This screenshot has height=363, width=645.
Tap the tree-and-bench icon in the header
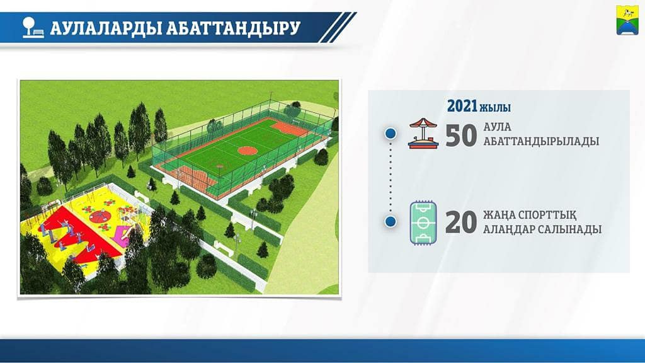tap(33, 28)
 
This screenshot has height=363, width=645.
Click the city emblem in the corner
tap(627, 20)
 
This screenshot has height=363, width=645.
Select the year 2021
tap(462, 106)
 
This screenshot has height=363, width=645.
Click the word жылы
tap(495, 107)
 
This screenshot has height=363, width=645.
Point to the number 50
tap(461, 136)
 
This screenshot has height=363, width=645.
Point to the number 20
tap(461, 222)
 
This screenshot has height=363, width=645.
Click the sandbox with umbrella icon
tap(423, 133)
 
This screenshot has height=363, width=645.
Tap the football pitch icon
tap(423, 223)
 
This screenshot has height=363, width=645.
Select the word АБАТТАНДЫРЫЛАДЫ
tap(541, 141)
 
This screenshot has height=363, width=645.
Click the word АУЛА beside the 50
tap(497, 127)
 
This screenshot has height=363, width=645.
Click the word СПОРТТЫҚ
tap(547, 216)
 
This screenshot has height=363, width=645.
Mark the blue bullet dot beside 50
tap(391, 134)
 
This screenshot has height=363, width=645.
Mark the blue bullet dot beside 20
tap(391, 221)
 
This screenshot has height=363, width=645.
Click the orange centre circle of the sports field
tap(248, 150)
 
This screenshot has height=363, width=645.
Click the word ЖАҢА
tap(498, 216)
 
